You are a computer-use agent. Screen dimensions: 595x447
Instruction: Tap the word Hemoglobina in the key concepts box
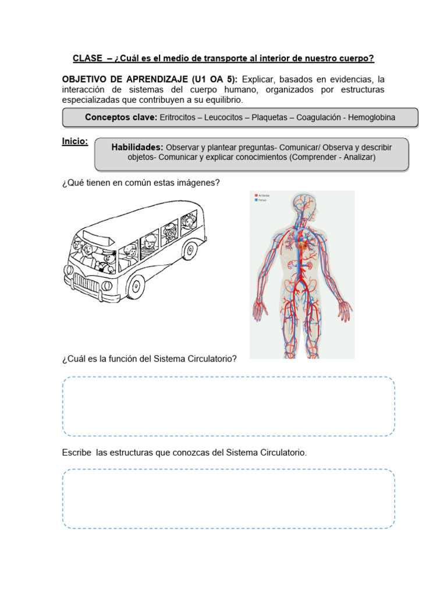point(371,117)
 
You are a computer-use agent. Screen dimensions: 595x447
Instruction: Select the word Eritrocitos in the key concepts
point(177,117)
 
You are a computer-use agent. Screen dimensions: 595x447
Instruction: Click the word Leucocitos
point(224,117)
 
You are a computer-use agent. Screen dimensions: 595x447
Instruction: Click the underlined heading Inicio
point(75,141)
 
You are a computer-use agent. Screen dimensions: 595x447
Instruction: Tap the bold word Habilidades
point(137,147)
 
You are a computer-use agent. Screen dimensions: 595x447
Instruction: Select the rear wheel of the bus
point(190,251)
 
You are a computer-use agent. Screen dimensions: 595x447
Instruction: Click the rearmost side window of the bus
point(188,223)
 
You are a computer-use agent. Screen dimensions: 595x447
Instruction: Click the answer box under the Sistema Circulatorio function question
point(228,406)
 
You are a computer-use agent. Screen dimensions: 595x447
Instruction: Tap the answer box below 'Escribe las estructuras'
point(228,499)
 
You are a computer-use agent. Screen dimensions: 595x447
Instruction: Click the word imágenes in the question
point(199,183)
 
